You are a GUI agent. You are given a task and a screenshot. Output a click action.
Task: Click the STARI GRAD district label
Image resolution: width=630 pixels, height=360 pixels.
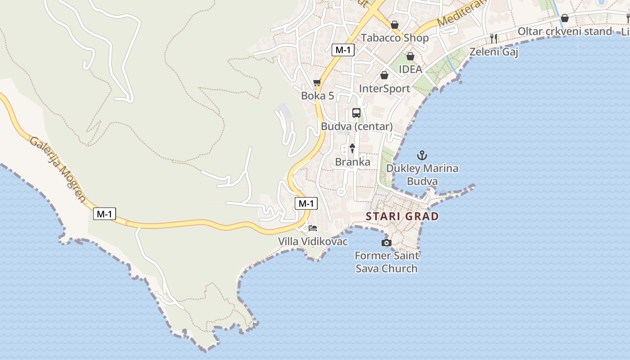(402, 216)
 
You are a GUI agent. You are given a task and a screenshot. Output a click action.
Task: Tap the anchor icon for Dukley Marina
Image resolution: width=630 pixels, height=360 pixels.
(422, 156)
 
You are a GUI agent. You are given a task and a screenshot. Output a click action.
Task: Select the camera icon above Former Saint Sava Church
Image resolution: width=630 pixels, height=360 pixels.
(386, 243)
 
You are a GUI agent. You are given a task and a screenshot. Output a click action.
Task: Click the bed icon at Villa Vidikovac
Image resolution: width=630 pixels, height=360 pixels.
(313, 228)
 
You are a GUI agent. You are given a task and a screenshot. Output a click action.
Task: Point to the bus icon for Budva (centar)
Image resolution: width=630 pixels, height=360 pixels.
(356, 112)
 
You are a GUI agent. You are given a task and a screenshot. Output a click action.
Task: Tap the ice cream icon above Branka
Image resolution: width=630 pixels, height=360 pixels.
(352, 148)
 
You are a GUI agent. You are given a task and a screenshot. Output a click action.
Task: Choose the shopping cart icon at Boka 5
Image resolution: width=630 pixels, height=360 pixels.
(317, 83)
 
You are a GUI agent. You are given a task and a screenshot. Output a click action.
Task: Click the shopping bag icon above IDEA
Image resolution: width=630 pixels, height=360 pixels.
(410, 56)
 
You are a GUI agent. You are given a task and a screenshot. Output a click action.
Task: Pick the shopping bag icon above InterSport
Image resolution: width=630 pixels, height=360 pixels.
(384, 75)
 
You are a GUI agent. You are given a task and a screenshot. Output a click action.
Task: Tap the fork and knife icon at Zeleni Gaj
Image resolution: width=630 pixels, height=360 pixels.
(494, 39)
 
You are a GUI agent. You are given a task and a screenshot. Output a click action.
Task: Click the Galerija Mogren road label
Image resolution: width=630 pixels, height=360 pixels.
(57, 169)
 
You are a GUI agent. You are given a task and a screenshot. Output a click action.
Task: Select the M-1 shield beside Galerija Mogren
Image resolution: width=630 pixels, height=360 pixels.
(104, 214)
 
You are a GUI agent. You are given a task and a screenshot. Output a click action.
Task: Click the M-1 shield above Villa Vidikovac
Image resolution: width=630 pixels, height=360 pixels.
(306, 203)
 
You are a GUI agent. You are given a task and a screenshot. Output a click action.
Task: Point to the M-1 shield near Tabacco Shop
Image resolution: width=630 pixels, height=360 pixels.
(343, 50)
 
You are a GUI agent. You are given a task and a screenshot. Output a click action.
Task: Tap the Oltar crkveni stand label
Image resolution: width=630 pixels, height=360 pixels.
(565, 31)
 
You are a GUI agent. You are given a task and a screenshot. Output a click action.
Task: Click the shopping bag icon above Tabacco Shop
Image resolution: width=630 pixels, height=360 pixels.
(395, 25)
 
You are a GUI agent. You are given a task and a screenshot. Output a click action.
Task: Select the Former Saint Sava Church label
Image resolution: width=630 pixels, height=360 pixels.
(387, 262)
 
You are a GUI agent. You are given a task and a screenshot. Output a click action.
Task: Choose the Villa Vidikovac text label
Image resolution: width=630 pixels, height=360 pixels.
(313, 242)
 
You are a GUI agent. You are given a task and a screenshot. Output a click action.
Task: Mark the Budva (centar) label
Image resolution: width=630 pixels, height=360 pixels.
(356, 126)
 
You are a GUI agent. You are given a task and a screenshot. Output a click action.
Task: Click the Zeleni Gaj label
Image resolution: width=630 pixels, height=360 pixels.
(494, 52)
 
